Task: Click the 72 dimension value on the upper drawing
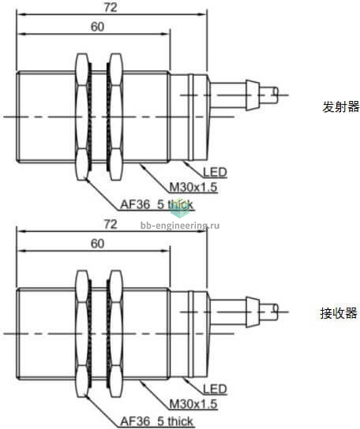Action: [111, 7]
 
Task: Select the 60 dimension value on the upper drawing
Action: [98, 27]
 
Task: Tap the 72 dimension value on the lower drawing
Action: [111, 224]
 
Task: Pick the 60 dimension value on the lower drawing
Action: [98, 244]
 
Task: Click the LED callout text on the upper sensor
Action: [215, 172]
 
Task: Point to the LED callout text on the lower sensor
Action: [215, 389]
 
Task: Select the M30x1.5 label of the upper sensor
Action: [193, 188]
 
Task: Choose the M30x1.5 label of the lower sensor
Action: [193, 404]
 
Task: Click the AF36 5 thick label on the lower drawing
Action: [157, 421]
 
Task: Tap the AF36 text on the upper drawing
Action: [135, 204]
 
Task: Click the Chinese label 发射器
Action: [341, 106]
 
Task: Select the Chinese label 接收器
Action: [339, 313]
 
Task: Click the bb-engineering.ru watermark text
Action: [180, 226]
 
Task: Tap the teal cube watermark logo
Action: [180, 208]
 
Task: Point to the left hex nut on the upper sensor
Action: [82, 117]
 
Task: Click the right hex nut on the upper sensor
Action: [115, 117]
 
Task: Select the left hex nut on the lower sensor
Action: [82, 334]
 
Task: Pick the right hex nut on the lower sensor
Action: [115, 334]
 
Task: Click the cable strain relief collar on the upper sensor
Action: [253, 95]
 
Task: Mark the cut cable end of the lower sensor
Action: [276, 312]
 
